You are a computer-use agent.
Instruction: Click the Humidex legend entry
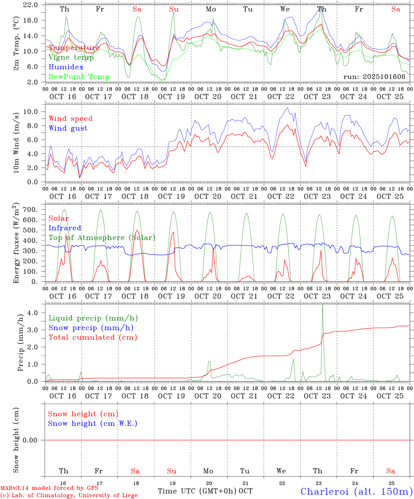click(x=66, y=67)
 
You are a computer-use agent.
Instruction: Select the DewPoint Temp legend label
click(x=79, y=77)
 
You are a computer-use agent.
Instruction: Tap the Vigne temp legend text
click(x=71, y=58)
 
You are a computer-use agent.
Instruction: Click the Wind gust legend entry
click(x=68, y=128)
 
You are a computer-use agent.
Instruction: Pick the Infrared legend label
click(x=65, y=228)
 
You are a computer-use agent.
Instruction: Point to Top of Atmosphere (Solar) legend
click(x=102, y=238)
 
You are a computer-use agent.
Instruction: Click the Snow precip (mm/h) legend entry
click(x=91, y=328)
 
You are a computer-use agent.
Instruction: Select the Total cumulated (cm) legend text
click(x=93, y=338)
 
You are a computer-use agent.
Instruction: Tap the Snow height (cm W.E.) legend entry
click(x=92, y=423)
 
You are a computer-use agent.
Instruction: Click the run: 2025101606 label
click(x=374, y=77)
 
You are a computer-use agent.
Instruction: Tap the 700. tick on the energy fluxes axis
click(x=32, y=210)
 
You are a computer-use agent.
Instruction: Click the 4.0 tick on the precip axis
click(x=34, y=313)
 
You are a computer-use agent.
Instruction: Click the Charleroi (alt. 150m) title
click(x=356, y=491)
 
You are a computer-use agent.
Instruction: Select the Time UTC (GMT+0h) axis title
click(x=197, y=491)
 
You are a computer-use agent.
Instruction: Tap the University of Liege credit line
click(x=69, y=496)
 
